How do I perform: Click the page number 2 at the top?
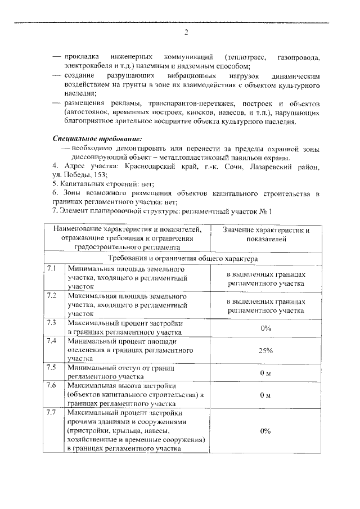pos(186,31)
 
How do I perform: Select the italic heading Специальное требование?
pos(97,138)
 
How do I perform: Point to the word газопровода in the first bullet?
pos(299,57)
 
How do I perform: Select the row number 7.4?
pos(53,341)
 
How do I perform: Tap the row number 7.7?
pos(53,413)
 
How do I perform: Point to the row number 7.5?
pos(53,368)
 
